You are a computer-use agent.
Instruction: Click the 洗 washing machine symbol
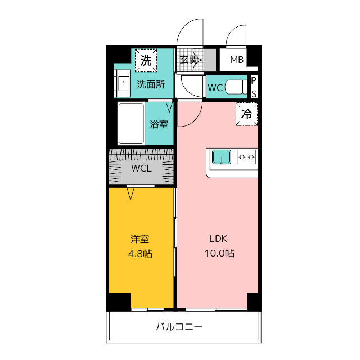[146, 60]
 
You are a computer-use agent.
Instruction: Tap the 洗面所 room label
[151, 84]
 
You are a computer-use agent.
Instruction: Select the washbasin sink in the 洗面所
[122, 83]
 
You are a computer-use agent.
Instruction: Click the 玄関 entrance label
[189, 60]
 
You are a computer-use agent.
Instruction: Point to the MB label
[237, 60]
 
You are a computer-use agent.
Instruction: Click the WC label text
[215, 88]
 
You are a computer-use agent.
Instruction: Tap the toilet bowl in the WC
[236, 87]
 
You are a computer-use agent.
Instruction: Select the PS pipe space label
[254, 87]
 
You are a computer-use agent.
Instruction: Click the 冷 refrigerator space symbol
[247, 114]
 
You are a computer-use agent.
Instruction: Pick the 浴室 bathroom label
[159, 124]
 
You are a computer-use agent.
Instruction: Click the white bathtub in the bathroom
[131, 124]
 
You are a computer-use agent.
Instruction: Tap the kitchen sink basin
[222, 157]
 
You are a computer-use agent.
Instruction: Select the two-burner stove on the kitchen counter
[246, 157]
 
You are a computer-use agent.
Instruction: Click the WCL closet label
[141, 168]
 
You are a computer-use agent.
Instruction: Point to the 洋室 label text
[140, 239]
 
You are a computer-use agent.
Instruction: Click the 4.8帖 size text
[140, 254]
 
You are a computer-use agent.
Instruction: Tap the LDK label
[218, 238]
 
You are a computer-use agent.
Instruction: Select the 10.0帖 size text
[219, 253]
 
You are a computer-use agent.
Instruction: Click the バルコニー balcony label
[179, 327]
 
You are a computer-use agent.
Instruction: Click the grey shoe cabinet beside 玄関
[210, 60]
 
